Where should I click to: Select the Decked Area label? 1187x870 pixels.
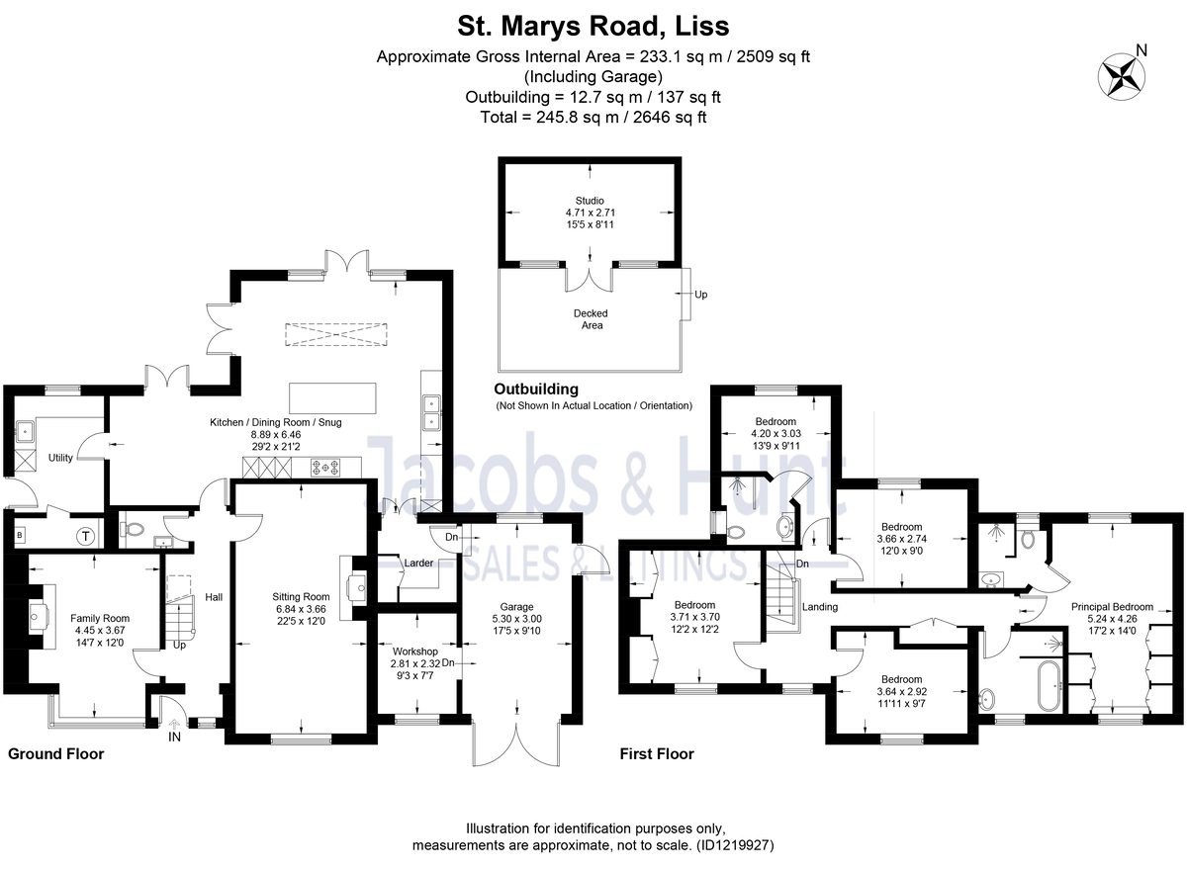[591, 318]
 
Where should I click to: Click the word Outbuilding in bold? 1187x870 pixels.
[537, 390]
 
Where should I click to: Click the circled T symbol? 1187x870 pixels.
[86, 536]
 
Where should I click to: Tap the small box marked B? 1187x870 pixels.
[20, 536]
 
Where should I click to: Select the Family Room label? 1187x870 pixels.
[100, 618]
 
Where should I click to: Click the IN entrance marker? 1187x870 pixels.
[175, 738]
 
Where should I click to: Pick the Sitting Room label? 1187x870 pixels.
[301, 596]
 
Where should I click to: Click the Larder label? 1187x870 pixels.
[417, 564]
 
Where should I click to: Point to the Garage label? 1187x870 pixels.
[516, 607]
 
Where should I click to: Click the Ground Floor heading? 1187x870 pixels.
[55, 754]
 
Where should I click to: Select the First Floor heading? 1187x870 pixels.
[657, 754]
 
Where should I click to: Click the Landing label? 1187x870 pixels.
[820, 606]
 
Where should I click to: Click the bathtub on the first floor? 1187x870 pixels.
[1046, 683]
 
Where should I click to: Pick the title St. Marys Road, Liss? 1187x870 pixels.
[593, 24]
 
